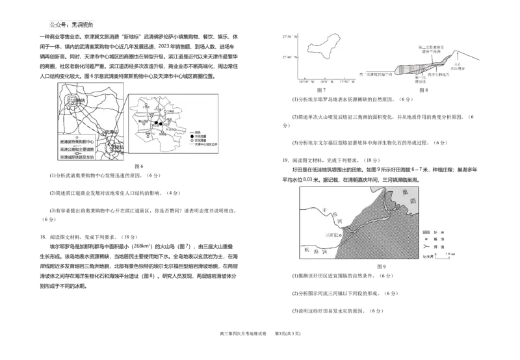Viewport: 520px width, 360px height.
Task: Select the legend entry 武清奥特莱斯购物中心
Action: click(76, 141)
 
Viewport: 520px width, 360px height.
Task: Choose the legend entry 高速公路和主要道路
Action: click(76, 149)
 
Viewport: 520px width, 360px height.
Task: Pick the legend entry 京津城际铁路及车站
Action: click(76, 157)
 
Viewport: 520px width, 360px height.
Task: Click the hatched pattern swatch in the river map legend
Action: click(426, 231)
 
